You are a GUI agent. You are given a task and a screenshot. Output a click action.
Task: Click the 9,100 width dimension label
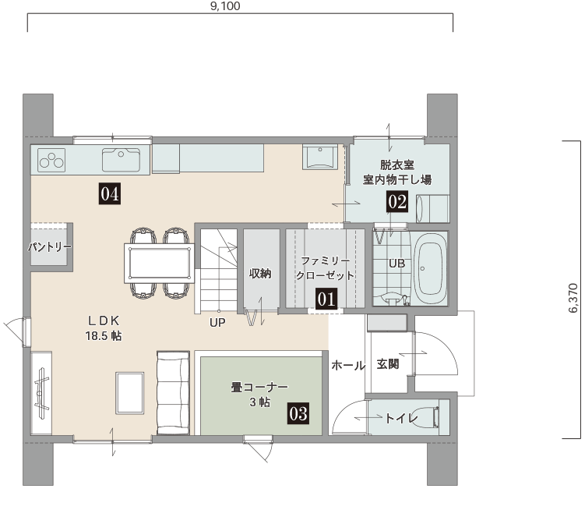click(x=225, y=6)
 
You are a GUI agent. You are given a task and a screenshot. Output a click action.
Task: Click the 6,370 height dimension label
click(x=573, y=298)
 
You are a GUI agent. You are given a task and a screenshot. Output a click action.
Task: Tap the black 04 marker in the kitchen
click(x=110, y=193)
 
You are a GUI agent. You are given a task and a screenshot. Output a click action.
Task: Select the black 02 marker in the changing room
click(x=397, y=202)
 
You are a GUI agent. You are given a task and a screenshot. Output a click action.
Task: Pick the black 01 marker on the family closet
click(x=326, y=299)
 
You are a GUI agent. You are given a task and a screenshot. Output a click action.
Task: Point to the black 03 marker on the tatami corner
click(x=298, y=413)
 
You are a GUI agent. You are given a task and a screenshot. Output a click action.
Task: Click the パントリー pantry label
click(x=50, y=246)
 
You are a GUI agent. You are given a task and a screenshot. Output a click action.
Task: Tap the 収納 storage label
click(x=260, y=274)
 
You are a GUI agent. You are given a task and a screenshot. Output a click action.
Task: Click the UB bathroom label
click(x=396, y=264)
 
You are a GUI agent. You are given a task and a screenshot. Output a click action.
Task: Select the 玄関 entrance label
click(x=388, y=364)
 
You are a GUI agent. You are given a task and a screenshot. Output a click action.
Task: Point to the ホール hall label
click(x=348, y=365)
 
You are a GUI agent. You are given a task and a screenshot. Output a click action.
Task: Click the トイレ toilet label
click(x=401, y=418)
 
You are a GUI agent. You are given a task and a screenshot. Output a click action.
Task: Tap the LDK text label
click(x=104, y=321)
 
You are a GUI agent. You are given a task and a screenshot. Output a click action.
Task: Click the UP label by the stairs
click(x=217, y=322)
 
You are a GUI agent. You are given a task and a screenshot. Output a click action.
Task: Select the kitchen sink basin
click(x=122, y=160)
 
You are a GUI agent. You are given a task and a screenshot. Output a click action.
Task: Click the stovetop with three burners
click(x=51, y=160)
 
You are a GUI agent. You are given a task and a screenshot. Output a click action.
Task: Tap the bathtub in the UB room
click(x=431, y=268)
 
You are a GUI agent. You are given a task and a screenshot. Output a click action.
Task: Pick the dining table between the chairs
click(x=160, y=263)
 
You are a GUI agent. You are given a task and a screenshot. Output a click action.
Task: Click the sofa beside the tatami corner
click(x=173, y=393)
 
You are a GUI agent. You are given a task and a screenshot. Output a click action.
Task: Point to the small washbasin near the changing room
click(x=320, y=157)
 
